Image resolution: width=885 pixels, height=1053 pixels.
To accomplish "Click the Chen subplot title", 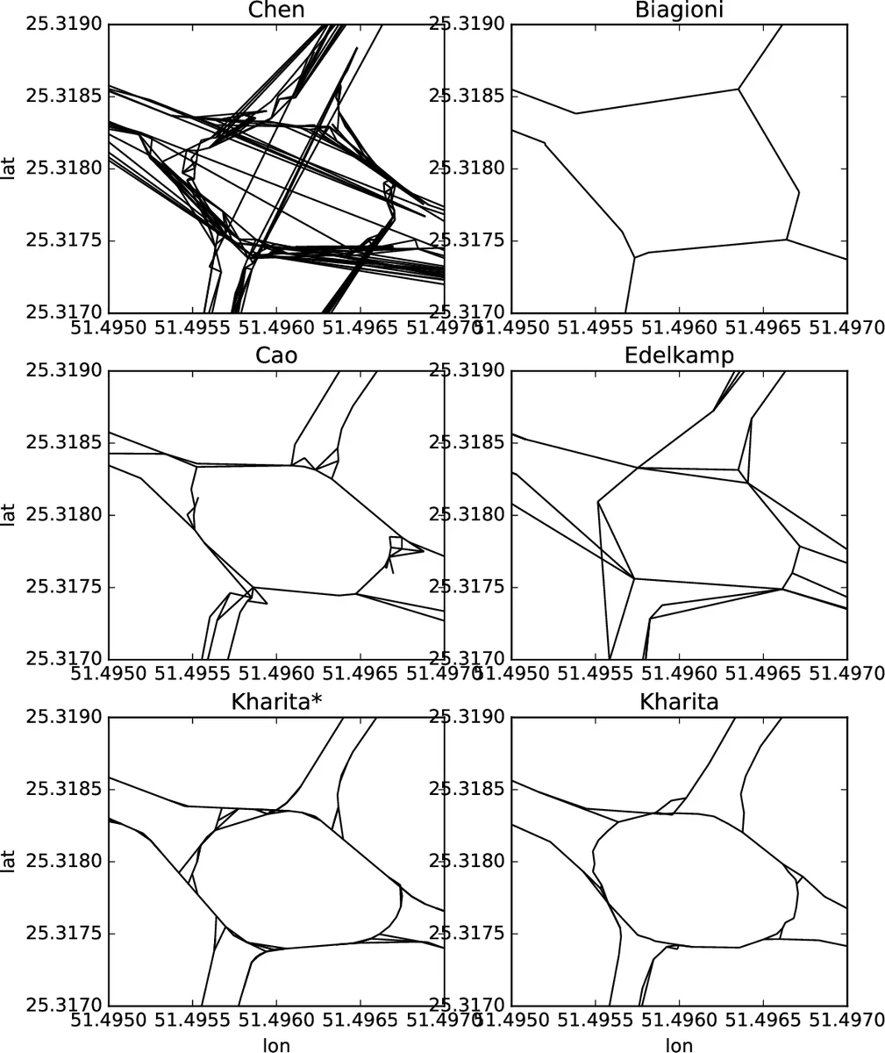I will point(275,10).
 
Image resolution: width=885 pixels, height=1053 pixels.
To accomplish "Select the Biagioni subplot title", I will point(680,10).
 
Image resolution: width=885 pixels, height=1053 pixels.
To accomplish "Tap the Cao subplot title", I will point(275,355).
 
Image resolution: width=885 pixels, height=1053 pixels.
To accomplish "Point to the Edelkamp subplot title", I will point(680,355).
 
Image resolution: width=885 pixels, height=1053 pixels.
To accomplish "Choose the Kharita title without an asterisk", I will point(680,702).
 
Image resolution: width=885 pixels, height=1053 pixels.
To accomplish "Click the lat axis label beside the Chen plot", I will point(11,168).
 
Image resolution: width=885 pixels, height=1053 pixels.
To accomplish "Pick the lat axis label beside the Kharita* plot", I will point(11,861).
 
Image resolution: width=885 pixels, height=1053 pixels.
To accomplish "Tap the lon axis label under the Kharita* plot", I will point(275,1044).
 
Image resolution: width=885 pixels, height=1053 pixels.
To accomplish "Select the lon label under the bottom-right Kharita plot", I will point(680,1044).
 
